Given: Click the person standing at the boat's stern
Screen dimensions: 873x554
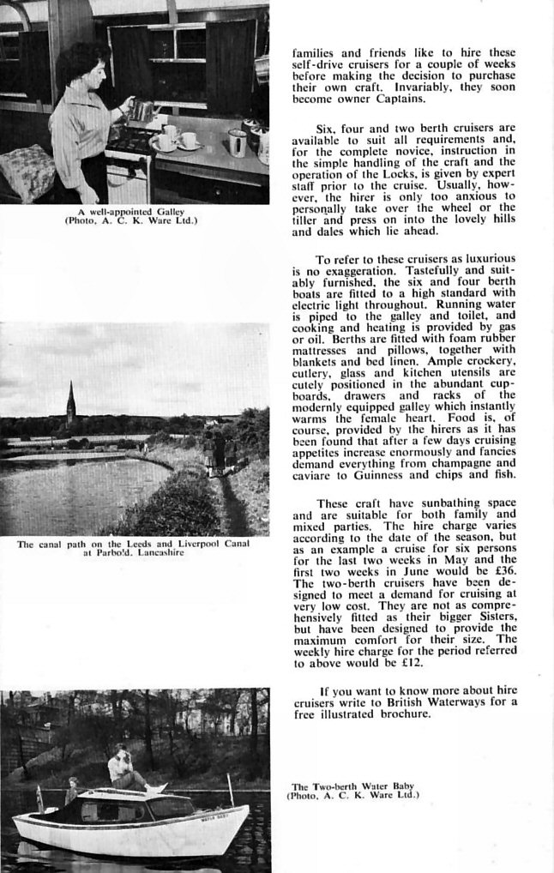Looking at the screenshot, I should [x=72, y=790].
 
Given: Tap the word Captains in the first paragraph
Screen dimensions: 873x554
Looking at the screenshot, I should [x=388, y=99].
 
